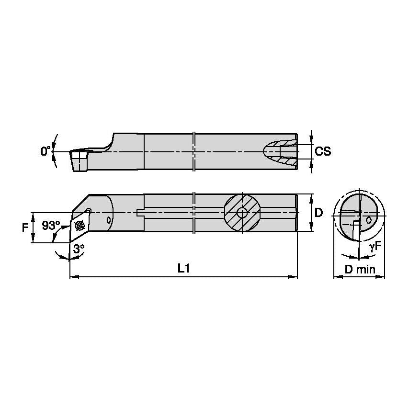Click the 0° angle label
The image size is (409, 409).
tap(45, 151)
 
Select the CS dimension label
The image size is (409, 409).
tap(323, 151)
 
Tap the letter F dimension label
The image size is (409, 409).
tap(25, 227)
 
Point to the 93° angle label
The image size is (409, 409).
tap(51, 225)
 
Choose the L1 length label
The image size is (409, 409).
tap(183, 269)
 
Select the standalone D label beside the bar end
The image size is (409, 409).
tap(319, 212)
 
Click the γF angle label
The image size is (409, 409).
tap(375, 247)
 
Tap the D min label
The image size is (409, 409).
tap(360, 269)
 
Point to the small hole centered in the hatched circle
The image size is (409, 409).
tap(242, 213)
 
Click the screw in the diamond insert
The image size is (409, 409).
tap(80, 225)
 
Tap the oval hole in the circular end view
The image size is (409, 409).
tap(369, 220)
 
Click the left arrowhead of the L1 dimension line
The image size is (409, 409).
tap(73, 276)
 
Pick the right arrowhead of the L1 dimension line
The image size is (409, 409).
tap(295, 276)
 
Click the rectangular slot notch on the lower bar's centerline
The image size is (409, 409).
tap(140, 213)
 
